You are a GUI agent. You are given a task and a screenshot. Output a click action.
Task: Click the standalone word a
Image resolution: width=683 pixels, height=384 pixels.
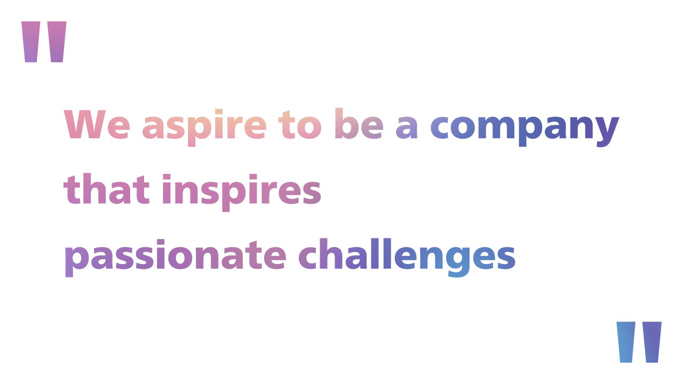407,129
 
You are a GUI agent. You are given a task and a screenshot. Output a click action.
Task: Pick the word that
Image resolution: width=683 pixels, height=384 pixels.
107,190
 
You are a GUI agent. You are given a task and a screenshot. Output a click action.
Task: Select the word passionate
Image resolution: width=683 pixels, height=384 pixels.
175,256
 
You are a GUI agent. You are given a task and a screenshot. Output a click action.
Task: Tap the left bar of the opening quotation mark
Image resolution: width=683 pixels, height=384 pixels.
31,42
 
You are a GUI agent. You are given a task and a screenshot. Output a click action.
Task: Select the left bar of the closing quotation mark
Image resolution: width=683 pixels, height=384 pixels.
626,342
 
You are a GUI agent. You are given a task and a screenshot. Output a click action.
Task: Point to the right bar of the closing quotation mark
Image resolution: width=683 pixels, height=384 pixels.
652,342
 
